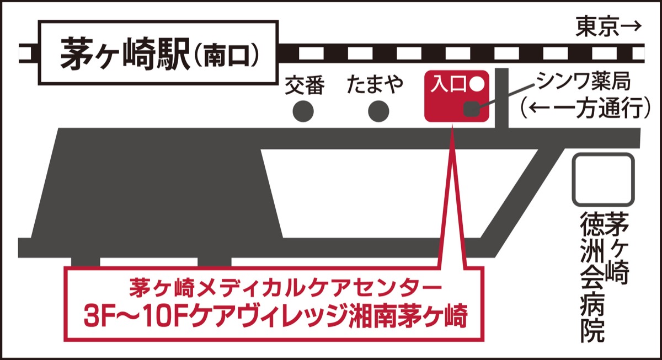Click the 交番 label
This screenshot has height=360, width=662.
coord(305,85)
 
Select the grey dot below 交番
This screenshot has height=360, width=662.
coord(303,112)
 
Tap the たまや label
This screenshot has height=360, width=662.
coord(375,85)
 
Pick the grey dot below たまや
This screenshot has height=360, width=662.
coord(378,112)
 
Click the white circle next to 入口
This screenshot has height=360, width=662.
coord(477,84)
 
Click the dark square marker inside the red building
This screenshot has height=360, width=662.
coord(470,109)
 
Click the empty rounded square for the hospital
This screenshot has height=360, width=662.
coord(602,180)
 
